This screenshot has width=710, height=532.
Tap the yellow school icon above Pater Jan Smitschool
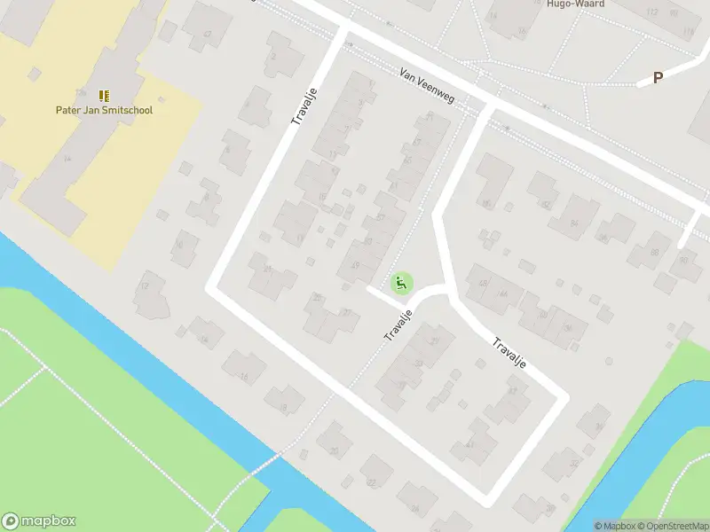click(x=104, y=95)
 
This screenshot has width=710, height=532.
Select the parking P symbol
click(x=658, y=78)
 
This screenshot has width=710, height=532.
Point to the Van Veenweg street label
click(x=426, y=85)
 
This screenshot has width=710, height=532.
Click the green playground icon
click(x=401, y=284)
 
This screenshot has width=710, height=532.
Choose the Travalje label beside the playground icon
click(x=399, y=325)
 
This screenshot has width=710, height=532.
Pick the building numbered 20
click(x=335, y=450)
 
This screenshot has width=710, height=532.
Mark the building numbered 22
click(x=372, y=481)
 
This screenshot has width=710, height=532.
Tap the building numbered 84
click(x=573, y=223)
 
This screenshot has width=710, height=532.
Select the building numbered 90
click(x=682, y=259)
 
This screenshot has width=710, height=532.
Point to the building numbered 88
click(x=654, y=252)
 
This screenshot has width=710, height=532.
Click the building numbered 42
click(x=207, y=34)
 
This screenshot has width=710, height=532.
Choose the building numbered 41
click(x=469, y=445)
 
